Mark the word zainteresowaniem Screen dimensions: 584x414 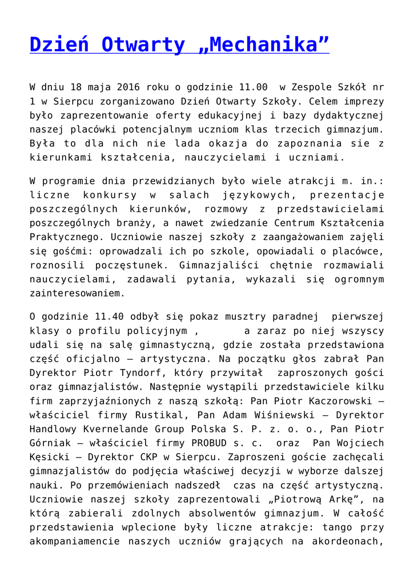77,294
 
